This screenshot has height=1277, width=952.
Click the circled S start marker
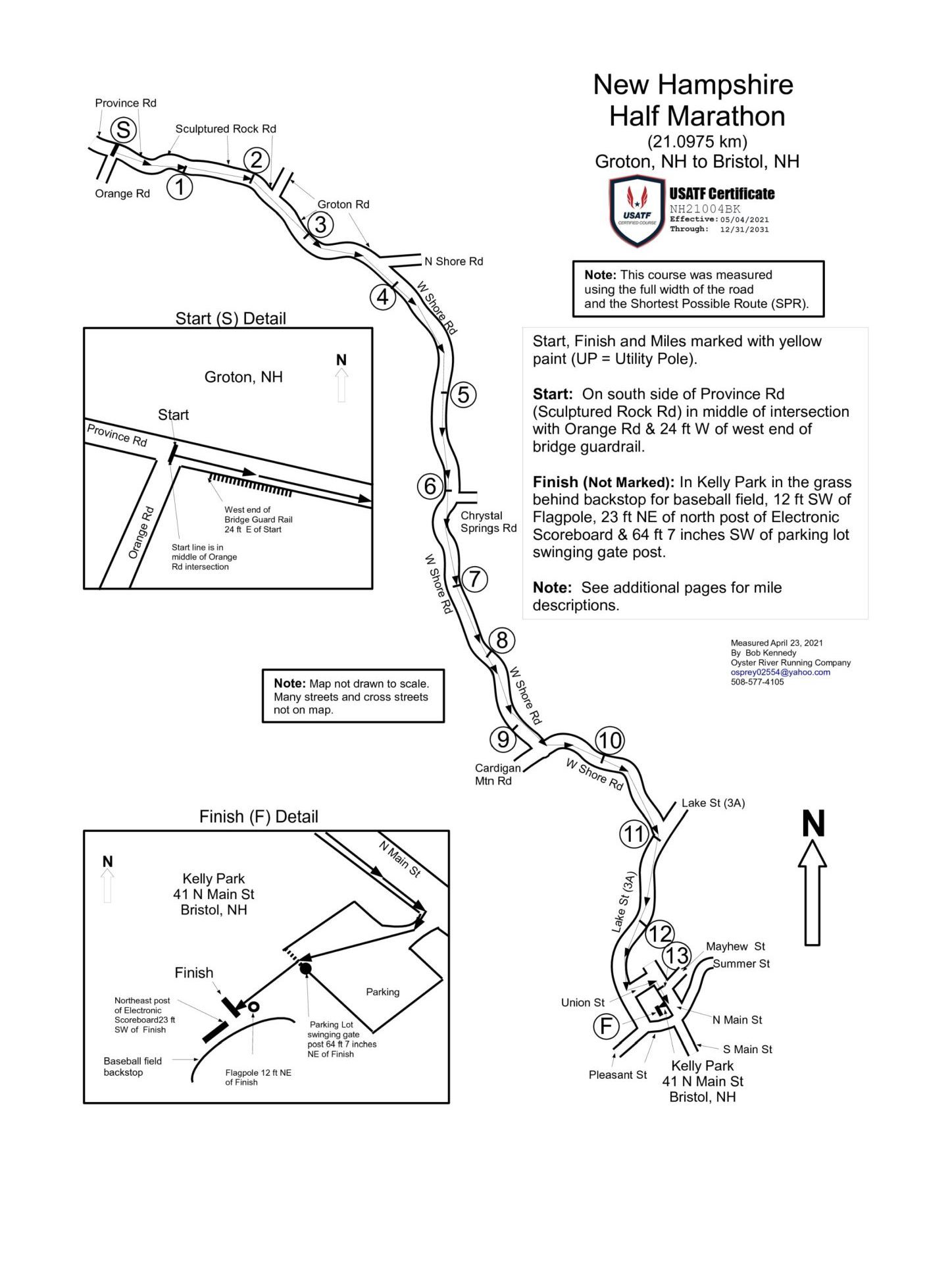pyautogui.click(x=123, y=130)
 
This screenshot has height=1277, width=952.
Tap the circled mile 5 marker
pyautogui.click(x=463, y=395)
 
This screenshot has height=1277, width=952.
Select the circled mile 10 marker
pyautogui.click(x=609, y=741)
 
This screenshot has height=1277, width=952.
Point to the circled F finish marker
pyautogui.click(x=606, y=1026)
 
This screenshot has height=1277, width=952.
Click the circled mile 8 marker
pyautogui.click(x=502, y=640)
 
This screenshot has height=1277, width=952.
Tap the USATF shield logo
pyautogui.click(x=637, y=211)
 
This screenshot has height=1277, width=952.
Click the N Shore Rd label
pyautogui.click(x=453, y=261)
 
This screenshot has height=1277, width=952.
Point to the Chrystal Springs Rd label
pyautogui.click(x=488, y=522)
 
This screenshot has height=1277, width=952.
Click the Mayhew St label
pyautogui.click(x=735, y=947)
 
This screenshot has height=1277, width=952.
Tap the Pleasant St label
pyautogui.click(x=617, y=1075)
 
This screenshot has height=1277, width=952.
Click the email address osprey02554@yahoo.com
pyautogui.click(x=780, y=672)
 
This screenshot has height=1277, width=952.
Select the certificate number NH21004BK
pyautogui.click(x=705, y=209)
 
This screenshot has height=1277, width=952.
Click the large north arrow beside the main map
pyautogui.click(x=813, y=882)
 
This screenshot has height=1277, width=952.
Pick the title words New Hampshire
pyautogui.click(x=693, y=85)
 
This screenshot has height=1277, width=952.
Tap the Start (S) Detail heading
pyautogui.click(x=230, y=319)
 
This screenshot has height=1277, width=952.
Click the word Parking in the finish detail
pyautogui.click(x=382, y=992)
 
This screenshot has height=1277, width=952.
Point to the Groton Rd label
pyautogui.click(x=343, y=205)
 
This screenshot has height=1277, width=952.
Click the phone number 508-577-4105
pyautogui.click(x=757, y=682)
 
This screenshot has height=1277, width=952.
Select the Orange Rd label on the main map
pyautogui.click(x=122, y=194)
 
